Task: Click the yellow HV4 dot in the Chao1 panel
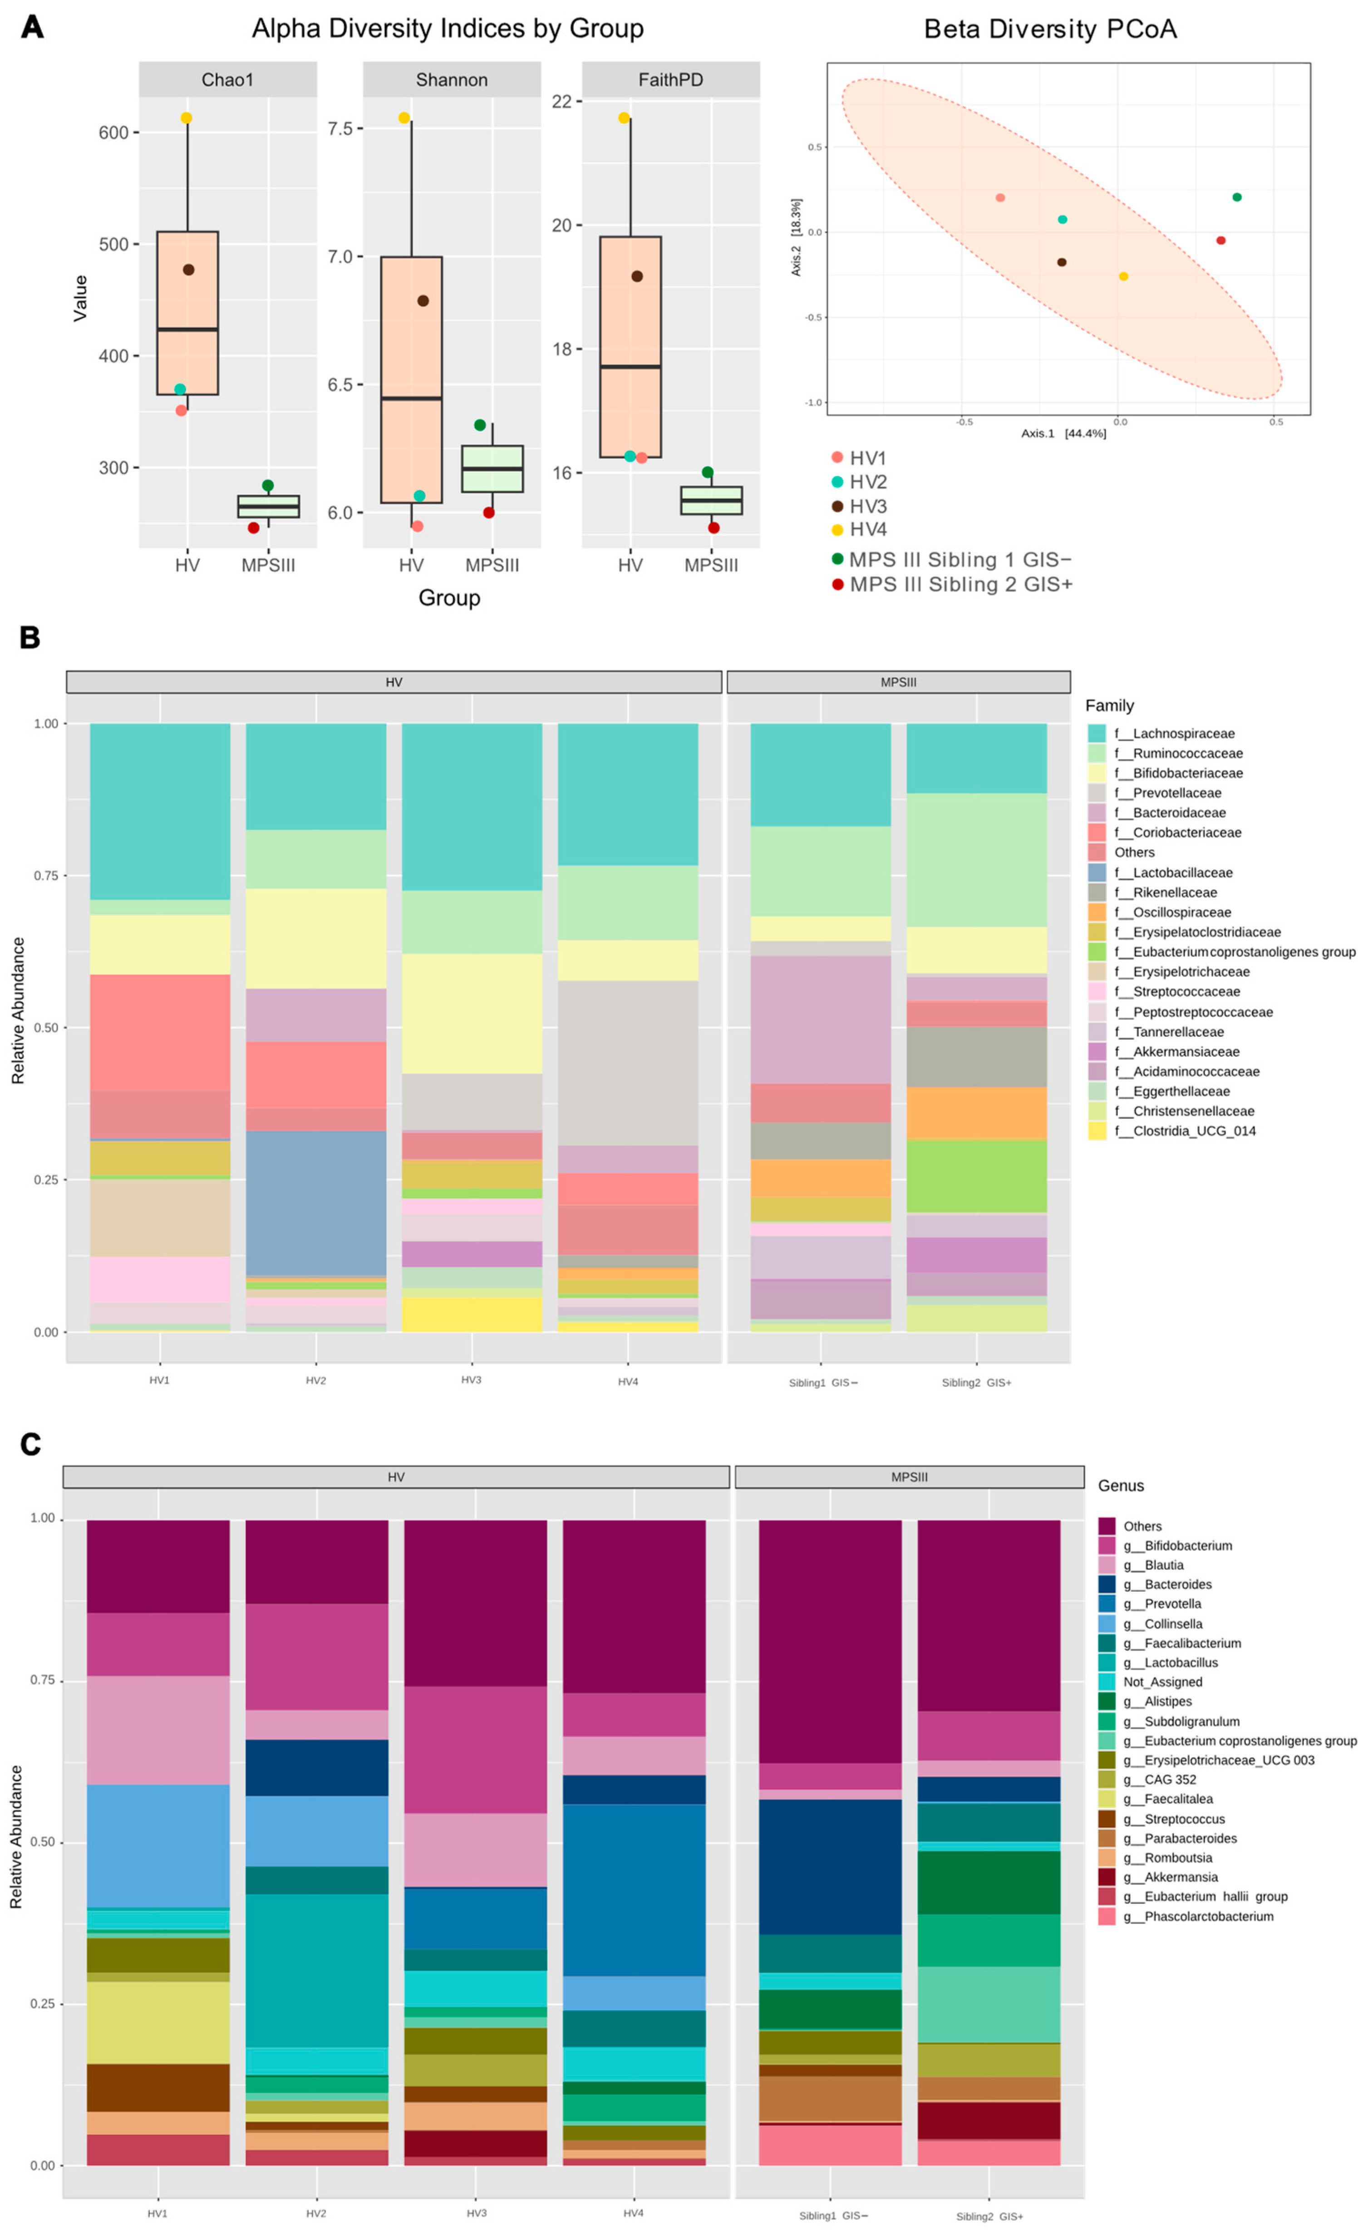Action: coord(186,118)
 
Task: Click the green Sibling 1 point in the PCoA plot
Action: coord(1236,197)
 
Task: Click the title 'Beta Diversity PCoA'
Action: coord(1050,29)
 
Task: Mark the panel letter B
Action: coord(30,637)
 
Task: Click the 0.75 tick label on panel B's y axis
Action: coord(45,876)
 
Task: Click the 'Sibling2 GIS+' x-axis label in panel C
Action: coord(989,2216)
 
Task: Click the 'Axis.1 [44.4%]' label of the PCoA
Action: coord(1063,434)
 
